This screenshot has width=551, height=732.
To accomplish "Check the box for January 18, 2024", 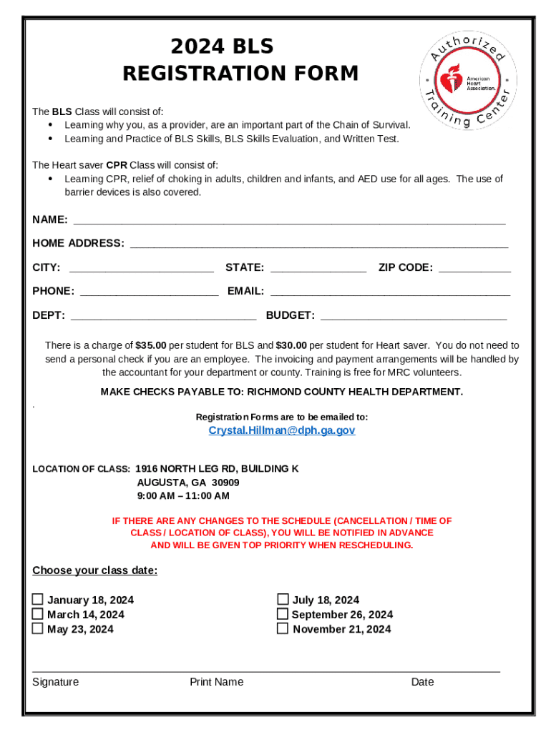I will pyautogui.click(x=37, y=600).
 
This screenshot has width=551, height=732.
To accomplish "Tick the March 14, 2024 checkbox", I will pyautogui.click(x=37, y=614).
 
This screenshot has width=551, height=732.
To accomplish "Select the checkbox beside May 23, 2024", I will pyautogui.click(x=37, y=628).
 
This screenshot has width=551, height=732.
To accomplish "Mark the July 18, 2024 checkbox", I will pyautogui.click(x=283, y=599).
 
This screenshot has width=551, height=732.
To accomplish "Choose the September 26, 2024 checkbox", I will pyautogui.click(x=283, y=614).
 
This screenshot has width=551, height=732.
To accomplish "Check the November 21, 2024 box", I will pyautogui.click(x=283, y=628).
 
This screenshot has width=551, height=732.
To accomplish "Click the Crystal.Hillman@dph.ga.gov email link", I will pyautogui.click(x=282, y=430).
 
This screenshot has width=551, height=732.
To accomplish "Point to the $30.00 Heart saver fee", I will pyautogui.click(x=291, y=345).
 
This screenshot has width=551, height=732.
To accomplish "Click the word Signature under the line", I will pyautogui.click(x=56, y=682).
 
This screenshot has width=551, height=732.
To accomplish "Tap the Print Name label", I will pyautogui.click(x=216, y=682).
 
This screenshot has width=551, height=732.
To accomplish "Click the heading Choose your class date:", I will pyautogui.click(x=95, y=570).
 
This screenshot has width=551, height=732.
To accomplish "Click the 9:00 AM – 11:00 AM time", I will pyautogui.click(x=183, y=495).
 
